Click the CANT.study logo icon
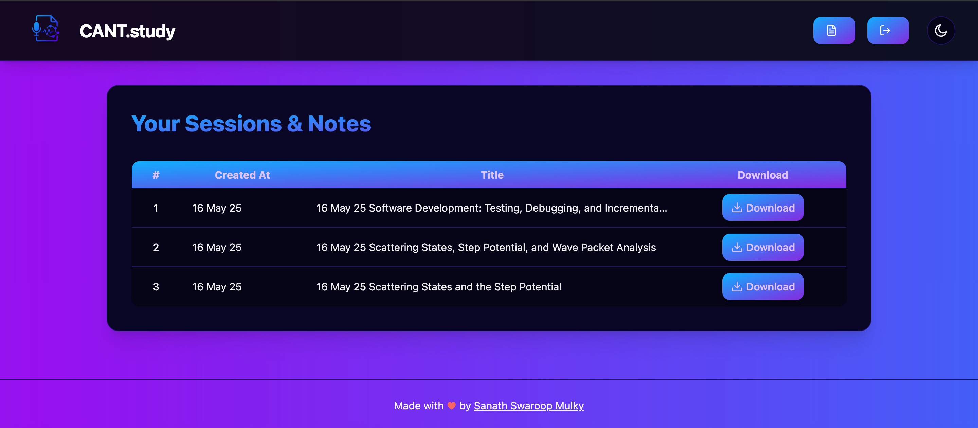[x=46, y=29]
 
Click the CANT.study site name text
[x=127, y=31]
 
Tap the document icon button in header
[x=834, y=30]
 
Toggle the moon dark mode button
[x=940, y=30]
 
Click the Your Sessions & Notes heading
[x=251, y=124]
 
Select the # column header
[x=156, y=175]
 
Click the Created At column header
[x=242, y=175]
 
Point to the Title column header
[x=492, y=175]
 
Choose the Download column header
[x=763, y=175]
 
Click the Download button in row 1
[x=763, y=208]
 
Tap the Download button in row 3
[x=763, y=287]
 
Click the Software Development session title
[x=491, y=208]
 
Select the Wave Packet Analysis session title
[x=486, y=248]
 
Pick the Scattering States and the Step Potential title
[x=438, y=287]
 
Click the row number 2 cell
[x=156, y=248]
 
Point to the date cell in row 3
[x=217, y=287]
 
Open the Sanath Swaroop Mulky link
[x=528, y=406]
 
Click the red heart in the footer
[x=451, y=406]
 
